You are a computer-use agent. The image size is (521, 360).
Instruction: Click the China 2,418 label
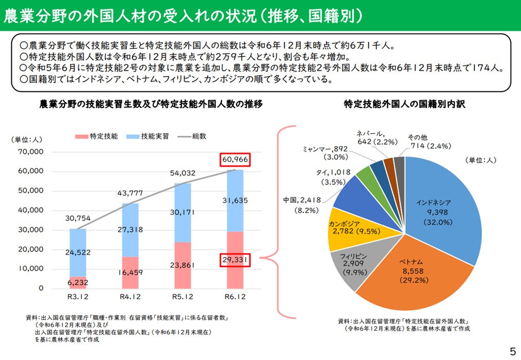(x=302, y=200)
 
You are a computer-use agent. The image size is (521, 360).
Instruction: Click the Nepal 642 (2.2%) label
(x=377, y=137)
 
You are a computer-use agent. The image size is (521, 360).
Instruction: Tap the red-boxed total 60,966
(x=236, y=160)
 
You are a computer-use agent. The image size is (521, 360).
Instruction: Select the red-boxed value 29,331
(x=236, y=261)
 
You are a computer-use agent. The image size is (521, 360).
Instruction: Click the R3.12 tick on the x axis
(x=77, y=297)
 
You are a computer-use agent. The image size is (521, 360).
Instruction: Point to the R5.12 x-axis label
(x=183, y=297)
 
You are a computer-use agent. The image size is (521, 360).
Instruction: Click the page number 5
(x=512, y=352)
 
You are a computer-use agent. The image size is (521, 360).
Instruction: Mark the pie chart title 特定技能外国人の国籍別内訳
(x=404, y=104)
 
